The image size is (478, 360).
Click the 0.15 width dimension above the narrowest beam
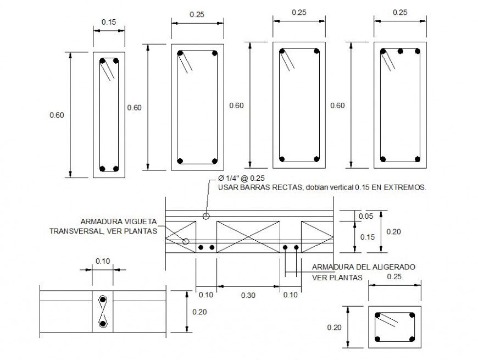point(109,22)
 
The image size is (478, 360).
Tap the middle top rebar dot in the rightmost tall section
point(401,51)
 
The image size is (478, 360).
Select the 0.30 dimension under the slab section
point(248,295)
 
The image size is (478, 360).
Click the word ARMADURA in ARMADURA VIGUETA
point(99,221)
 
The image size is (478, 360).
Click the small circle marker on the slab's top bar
point(206,216)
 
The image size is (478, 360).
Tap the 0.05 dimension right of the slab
point(365,216)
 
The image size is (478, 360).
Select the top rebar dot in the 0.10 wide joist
point(103,300)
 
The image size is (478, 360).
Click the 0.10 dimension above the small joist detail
point(103,261)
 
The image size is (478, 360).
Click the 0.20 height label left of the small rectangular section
point(334,328)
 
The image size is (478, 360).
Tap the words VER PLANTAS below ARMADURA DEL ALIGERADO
point(337,278)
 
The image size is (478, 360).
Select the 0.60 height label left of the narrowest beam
point(57,115)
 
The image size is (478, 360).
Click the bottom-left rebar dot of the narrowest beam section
point(103,169)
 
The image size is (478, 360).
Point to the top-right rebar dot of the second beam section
point(214,53)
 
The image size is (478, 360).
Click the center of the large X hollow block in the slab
point(248,237)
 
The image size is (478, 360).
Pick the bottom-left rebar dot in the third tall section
point(282,159)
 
